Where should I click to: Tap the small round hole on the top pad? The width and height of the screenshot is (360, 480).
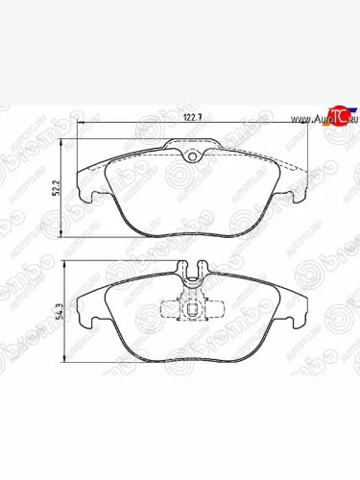pyautogui.click(x=190, y=157)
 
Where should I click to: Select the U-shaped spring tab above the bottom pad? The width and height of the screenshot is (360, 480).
pyautogui.click(x=191, y=272)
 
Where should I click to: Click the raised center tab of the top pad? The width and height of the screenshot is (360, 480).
pyautogui.click(x=190, y=151)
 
